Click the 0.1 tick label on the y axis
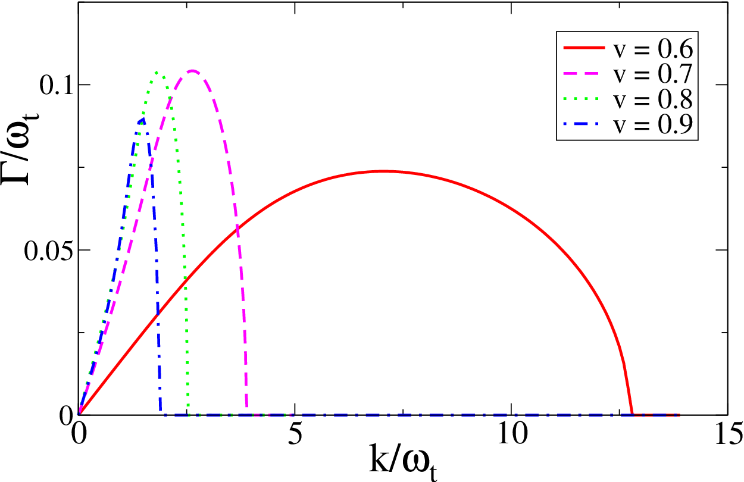(x=56, y=85)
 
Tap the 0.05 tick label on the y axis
(x=48, y=250)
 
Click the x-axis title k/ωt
(x=402, y=462)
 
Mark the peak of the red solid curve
(x=384, y=171)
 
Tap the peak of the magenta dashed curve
(x=192, y=71)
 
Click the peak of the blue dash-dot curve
(x=143, y=118)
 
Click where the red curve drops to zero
(x=632, y=414)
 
